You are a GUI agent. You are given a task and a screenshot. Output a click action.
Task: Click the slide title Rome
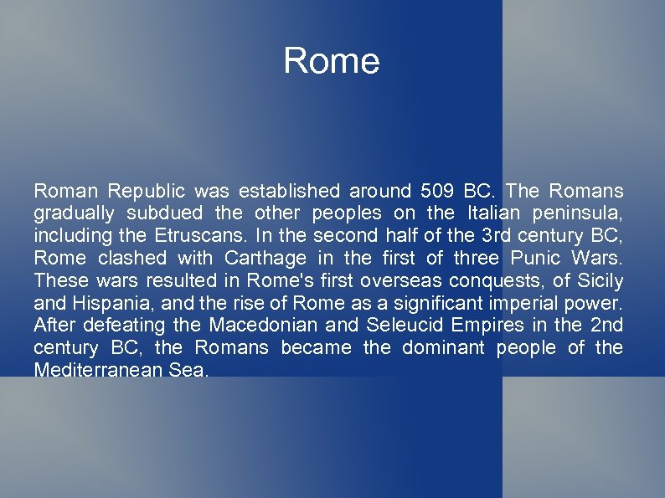point(332,61)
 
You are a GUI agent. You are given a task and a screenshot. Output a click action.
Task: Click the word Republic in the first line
point(146,191)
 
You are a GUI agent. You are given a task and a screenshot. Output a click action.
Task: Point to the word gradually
point(75,213)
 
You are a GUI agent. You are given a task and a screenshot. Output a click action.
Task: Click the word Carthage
point(266,258)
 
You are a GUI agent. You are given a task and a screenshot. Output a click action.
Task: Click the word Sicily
point(601,280)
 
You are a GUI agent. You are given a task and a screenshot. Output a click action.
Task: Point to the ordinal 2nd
point(606,325)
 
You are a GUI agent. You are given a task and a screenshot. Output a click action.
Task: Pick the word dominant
point(443,347)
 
